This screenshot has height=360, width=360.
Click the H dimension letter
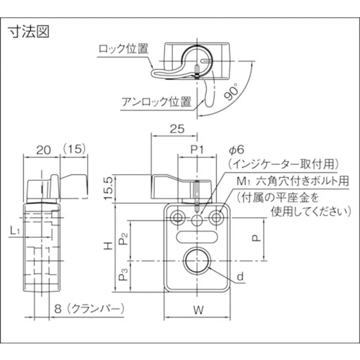tap(107, 246)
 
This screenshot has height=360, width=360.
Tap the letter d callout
tap(240, 277)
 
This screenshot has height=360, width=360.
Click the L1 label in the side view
tap(15, 231)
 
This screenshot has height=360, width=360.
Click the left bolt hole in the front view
tap(177, 218)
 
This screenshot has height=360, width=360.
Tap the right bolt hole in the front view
tap(218, 218)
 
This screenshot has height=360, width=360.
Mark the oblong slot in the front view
tap(197, 236)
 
